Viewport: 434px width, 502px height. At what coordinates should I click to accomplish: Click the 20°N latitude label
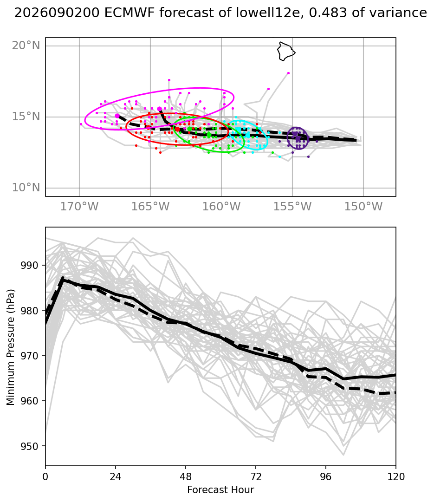pyautogui.click(x=26, y=46)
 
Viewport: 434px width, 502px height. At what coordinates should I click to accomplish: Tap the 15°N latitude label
pyautogui.click(x=26, y=117)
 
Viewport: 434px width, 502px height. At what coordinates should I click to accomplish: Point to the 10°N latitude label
pyautogui.click(x=26, y=188)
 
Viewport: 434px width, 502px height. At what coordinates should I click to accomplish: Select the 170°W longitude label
pyautogui.click(x=79, y=207)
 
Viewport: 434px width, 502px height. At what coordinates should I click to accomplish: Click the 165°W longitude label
pyautogui.click(x=150, y=207)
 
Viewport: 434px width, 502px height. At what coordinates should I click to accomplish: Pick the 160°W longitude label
pyautogui.click(x=221, y=207)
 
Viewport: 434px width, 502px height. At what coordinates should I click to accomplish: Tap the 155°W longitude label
pyautogui.click(x=292, y=207)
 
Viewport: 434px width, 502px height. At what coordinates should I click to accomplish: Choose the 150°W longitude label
pyautogui.click(x=363, y=207)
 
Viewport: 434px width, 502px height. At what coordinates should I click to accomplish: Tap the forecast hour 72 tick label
pyautogui.click(x=256, y=477)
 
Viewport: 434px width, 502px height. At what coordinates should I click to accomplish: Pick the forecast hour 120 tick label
pyautogui.click(x=396, y=477)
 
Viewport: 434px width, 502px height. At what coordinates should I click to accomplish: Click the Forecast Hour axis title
pyautogui.click(x=220, y=490)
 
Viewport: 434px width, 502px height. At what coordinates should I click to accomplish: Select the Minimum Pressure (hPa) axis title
pyautogui.click(x=11, y=347)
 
